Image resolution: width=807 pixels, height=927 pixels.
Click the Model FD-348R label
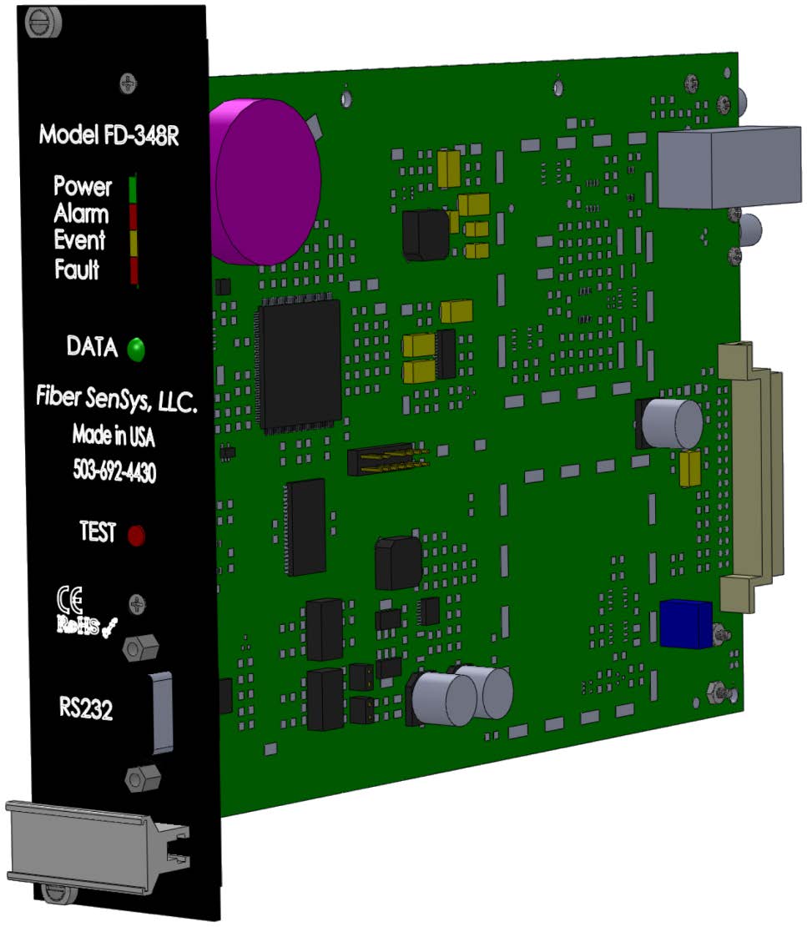pos(108,136)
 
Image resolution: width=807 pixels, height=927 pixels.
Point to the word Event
pos(79,241)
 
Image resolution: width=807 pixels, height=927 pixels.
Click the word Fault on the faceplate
pos(77,270)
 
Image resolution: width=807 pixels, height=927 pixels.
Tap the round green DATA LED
pos(135,350)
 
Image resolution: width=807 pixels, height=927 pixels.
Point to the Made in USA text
pos(113,436)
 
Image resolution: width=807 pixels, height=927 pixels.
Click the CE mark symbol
pos(70,599)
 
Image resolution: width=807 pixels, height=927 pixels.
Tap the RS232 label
pos(86,711)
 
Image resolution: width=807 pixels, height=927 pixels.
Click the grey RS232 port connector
pos(162,711)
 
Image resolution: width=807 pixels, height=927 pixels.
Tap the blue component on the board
pos(685,623)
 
